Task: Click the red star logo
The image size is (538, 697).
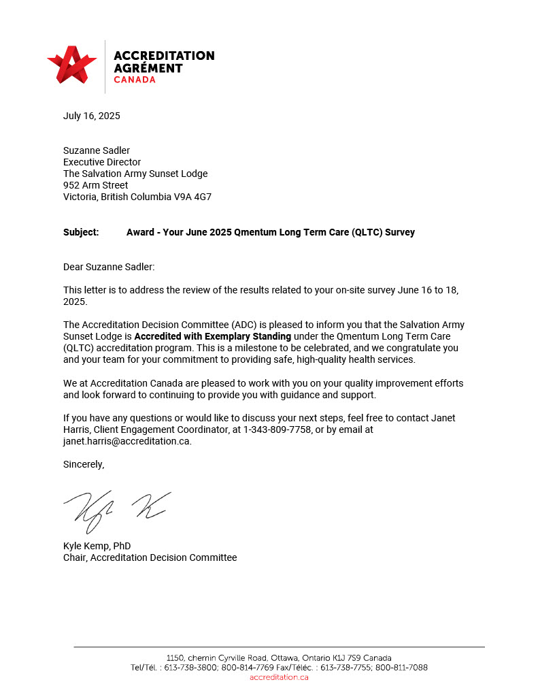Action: click(x=72, y=65)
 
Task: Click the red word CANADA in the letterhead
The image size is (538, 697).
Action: click(x=135, y=80)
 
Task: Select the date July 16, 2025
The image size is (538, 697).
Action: click(x=92, y=116)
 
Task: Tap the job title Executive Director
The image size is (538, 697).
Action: click(x=102, y=162)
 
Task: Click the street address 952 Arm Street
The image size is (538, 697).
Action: click(x=96, y=185)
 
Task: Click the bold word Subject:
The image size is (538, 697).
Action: click(x=81, y=232)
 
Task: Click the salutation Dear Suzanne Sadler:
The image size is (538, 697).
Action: click(x=104, y=268)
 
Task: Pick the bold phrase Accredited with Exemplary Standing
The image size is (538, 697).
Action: click(x=212, y=336)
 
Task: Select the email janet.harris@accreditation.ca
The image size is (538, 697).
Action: click(x=127, y=441)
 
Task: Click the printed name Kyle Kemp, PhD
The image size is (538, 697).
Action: click(x=97, y=546)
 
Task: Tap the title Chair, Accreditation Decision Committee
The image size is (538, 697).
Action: click(x=150, y=557)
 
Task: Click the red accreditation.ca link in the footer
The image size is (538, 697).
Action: click(x=279, y=677)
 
